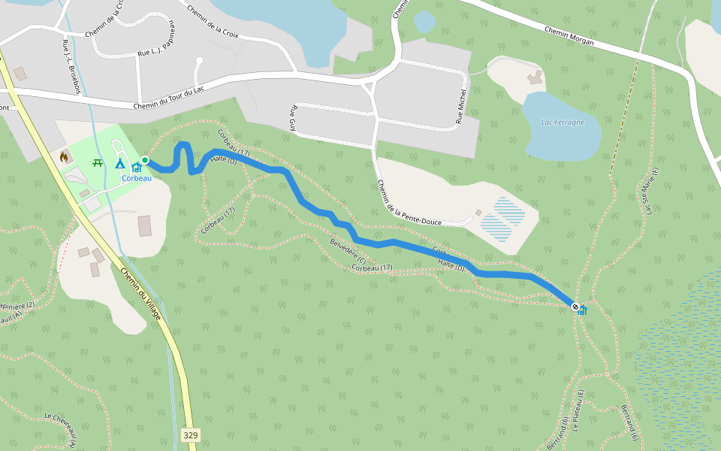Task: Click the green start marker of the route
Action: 144,160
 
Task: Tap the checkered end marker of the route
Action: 575,307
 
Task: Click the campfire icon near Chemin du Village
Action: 64,156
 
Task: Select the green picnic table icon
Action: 98,162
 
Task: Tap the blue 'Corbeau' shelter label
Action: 137,178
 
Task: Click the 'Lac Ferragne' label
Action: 563,123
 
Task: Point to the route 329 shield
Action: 190,435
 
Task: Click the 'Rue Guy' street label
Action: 293,119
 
